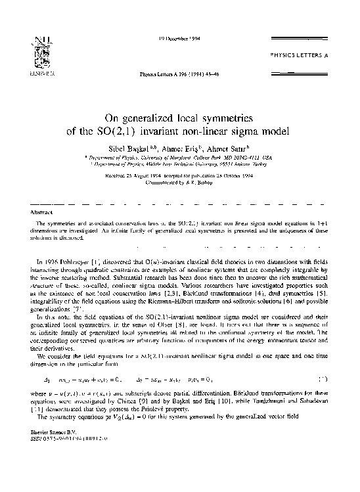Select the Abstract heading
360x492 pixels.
point(41,212)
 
